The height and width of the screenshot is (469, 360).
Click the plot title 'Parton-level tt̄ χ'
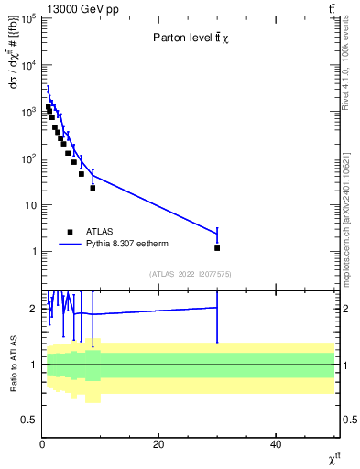click(x=191, y=38)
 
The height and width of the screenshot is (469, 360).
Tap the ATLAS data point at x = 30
click(x=217, y=248)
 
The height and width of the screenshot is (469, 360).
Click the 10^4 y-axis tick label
click(x=28, y=65)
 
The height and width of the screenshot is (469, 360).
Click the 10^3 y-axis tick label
click(x=28, y=112)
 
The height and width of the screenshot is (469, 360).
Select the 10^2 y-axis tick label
click(x=28, y=158)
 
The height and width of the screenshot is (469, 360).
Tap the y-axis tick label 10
click(x=30, y=205)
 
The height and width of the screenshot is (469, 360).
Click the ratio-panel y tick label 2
click(x=33, y=309)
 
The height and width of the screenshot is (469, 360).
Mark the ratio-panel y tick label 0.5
click(x=30, y=420)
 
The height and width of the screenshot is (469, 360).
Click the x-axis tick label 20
click(x=158, y=444)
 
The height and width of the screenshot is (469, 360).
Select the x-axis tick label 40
click(x=276, y=444)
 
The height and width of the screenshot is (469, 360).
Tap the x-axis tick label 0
click(x=42, y=444)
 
